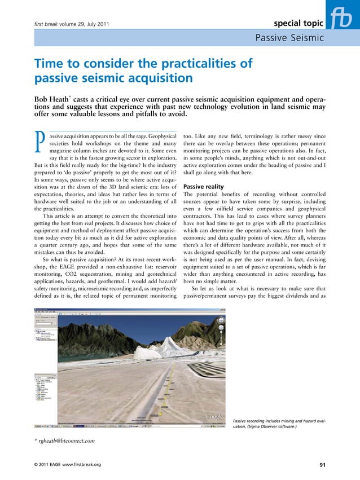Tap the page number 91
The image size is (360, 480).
pyautogui.click(x=322, y=465)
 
